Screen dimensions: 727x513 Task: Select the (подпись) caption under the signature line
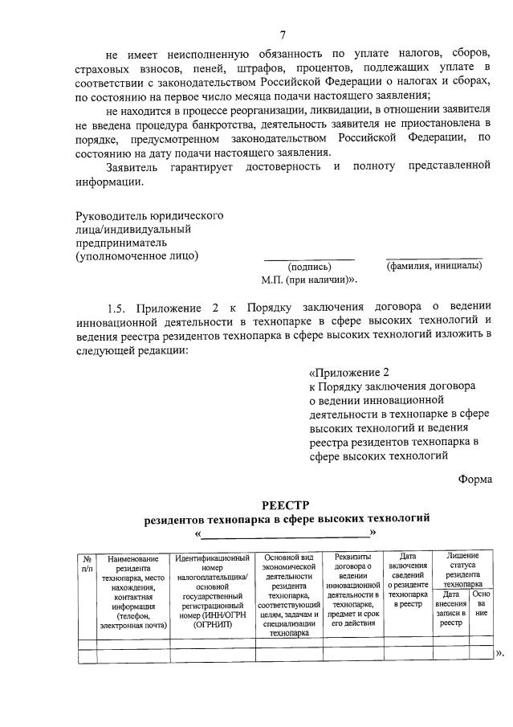click(x=308, y=266)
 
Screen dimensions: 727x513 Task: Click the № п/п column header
click(x=87, y=563)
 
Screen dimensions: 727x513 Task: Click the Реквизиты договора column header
click(x=354, y=590)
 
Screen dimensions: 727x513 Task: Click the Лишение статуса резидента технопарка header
click(x=462, y=571)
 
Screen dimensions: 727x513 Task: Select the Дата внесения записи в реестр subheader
click(x=450, y=611)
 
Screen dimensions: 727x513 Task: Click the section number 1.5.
click(x=118, y=306)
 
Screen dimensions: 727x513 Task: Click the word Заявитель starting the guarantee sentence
click(x=132, y=166)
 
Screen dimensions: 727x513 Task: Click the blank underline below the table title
click(x=285, y=533)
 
